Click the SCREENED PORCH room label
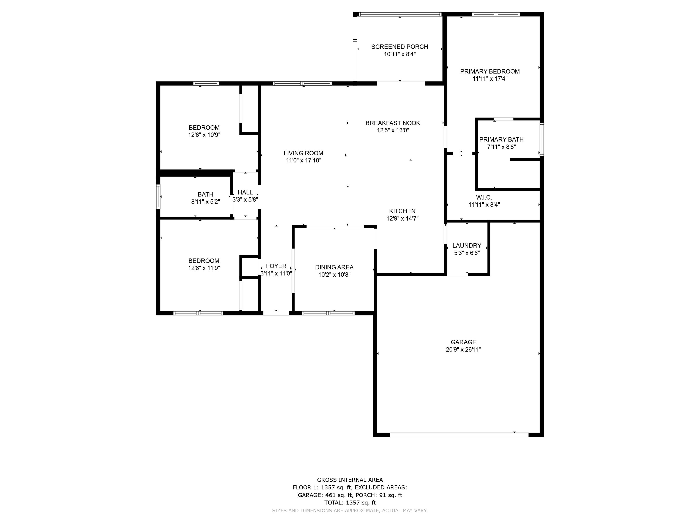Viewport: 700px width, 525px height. point(400,47)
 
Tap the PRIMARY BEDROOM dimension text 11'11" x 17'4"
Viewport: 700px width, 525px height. point(490,79)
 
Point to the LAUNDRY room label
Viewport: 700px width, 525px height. point(467,246)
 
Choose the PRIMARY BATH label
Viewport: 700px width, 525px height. point(501,139)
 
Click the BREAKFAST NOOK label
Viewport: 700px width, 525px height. point(393,123)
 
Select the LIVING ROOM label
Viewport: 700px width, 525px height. point(304,153)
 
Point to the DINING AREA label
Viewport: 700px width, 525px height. point(334,268)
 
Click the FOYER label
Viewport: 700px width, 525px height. point(276,266)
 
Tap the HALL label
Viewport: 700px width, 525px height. point(245,192)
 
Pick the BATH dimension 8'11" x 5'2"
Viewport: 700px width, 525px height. point(205,202)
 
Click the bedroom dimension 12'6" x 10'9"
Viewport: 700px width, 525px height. point(204,135)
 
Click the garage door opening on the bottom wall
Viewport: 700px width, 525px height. point(459,435)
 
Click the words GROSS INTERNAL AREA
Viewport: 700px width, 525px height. point(350,480)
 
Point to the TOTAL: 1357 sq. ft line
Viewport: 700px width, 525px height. point(350,502)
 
